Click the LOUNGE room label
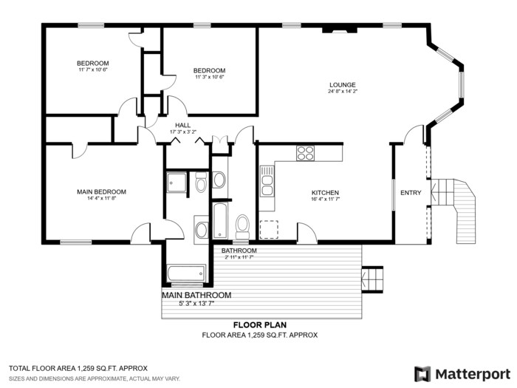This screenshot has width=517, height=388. point(342,85)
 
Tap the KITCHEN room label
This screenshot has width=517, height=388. point(325,192)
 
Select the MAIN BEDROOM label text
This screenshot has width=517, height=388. point(101,191)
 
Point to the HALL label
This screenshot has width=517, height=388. point(182,125)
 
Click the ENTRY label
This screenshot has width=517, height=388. point(411,193)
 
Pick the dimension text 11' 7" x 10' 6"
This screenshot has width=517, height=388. point(93,70)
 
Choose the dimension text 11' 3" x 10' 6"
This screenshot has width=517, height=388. point(209,78)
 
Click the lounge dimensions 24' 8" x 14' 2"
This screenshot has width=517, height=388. point(342,92)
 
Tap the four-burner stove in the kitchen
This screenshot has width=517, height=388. point(305,153)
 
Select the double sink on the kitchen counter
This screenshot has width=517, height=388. point(267,180)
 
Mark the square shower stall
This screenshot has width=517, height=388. point(177,182)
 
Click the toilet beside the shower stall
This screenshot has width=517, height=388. point(201,182)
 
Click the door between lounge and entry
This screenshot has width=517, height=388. point(414,135)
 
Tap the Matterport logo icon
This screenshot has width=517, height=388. point(422,373)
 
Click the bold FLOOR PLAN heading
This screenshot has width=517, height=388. point(260,324)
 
